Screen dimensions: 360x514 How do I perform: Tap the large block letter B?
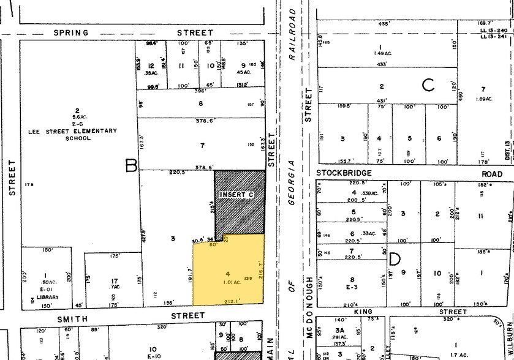pyautogui.click(x=130, y=165)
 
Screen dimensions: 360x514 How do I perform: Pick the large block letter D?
pyautogui.click(x=395, y=260)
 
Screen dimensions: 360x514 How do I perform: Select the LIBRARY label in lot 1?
pyautogui.click(x=47, y=297)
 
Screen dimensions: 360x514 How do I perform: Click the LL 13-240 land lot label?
pyautogui.click(x=493, y=30)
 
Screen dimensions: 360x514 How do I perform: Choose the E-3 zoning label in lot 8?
pyautogui.click(x=352, y=287)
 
